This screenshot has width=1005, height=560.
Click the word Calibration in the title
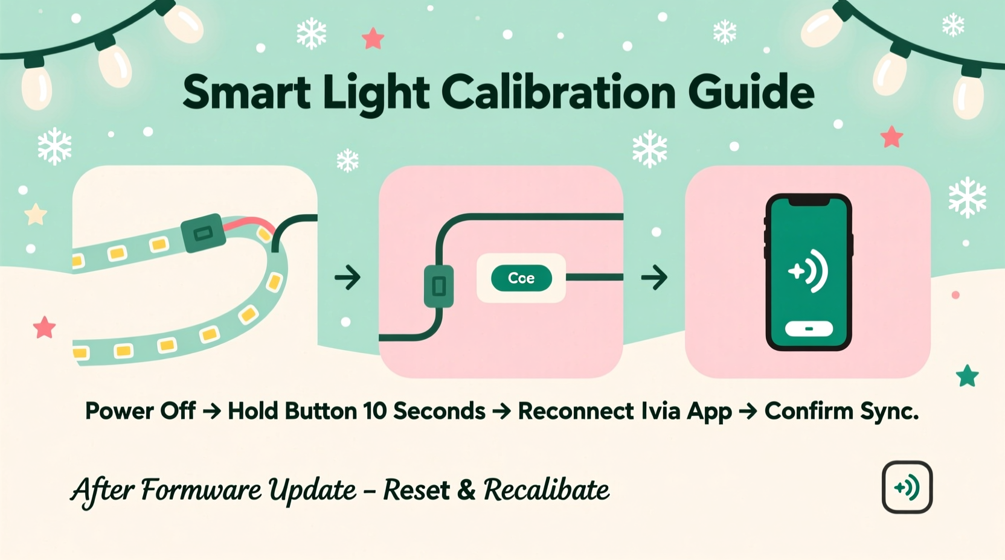pyautogui.click(x=558, y=92)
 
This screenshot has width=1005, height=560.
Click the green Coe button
pyautogui.click(x=521, y=278)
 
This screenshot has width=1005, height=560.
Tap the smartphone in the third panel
pyautogui.click(x=809, y=272)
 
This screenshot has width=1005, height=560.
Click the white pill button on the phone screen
pyautogui.click(x=809, y=329)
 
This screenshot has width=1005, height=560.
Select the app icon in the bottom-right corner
pyautogui.click(x=907, y=487)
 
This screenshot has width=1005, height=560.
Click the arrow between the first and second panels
pyautogui.click(x=347, y=278)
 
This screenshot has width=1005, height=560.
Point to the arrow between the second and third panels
pyautogui.click(x=654, y=278)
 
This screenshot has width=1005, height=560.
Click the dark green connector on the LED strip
pyautogui.click(x=203, y=233)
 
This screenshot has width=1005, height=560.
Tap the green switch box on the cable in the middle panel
pyautogui.click(x=439, y=286)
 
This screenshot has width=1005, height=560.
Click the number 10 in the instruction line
pyautogui.click(x=374, y=411)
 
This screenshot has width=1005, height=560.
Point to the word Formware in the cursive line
pyautogui.click(x=202, y=489)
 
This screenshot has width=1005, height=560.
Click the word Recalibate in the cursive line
pyautogui.click(x=546, y=489)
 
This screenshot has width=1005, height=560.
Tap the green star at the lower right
pyautogui.click(x=967, y=376)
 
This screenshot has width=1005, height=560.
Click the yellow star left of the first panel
pyautogui.click(x=36, y=214)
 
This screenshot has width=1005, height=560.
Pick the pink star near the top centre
pyautogui.click(x=373, y=39)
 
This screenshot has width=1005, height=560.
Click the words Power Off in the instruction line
pyautogui.click(x=140, y=411)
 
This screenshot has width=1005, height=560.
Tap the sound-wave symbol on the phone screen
pyautogui.click(x=809, y=271)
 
